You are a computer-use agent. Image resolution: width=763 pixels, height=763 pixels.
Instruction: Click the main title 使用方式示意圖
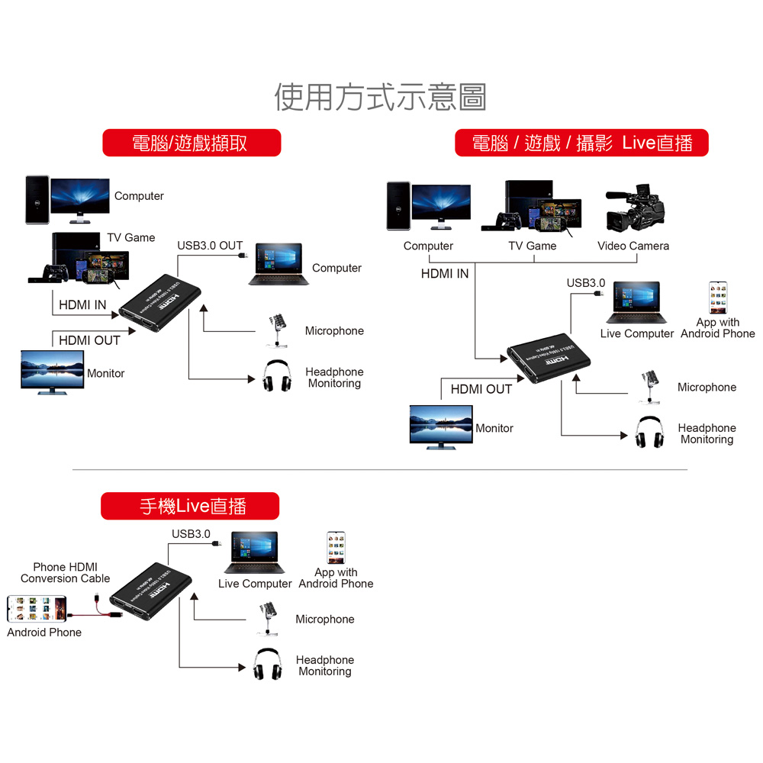(380, 97)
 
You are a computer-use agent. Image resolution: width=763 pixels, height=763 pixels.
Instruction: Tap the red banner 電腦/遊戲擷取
(192, 143)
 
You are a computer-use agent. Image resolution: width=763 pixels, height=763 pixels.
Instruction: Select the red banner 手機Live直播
(190, 506)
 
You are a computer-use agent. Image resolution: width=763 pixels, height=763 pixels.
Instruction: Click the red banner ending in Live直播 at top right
(581, 143)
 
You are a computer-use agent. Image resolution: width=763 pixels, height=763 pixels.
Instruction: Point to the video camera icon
(636, 209)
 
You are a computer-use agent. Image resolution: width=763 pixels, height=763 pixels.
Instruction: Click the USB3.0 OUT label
(210, 246)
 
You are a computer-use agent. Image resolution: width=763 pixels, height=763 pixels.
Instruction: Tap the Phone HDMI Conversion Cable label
(66, 572)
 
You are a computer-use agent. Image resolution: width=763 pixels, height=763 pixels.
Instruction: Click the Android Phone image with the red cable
(34, 608)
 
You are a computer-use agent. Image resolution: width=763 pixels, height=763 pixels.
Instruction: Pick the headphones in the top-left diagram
(278, 375)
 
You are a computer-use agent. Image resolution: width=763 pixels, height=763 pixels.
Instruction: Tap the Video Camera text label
(633, 246)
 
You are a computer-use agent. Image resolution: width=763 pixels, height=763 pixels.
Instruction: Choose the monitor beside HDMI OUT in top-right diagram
(440, 427)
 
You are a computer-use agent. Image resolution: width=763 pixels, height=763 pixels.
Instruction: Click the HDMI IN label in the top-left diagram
(82, 305)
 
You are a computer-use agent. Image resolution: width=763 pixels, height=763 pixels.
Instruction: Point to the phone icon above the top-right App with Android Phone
(718, 298)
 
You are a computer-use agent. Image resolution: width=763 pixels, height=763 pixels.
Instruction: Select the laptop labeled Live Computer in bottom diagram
(254, 552)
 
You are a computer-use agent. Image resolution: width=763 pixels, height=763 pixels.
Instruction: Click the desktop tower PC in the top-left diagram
(37, 200)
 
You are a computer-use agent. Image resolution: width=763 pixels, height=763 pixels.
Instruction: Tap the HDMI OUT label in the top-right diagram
(481, 389)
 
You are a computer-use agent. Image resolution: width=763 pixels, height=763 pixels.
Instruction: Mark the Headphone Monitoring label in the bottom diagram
(325, 665)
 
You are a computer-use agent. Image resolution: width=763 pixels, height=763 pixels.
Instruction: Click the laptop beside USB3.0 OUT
(279, 265)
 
